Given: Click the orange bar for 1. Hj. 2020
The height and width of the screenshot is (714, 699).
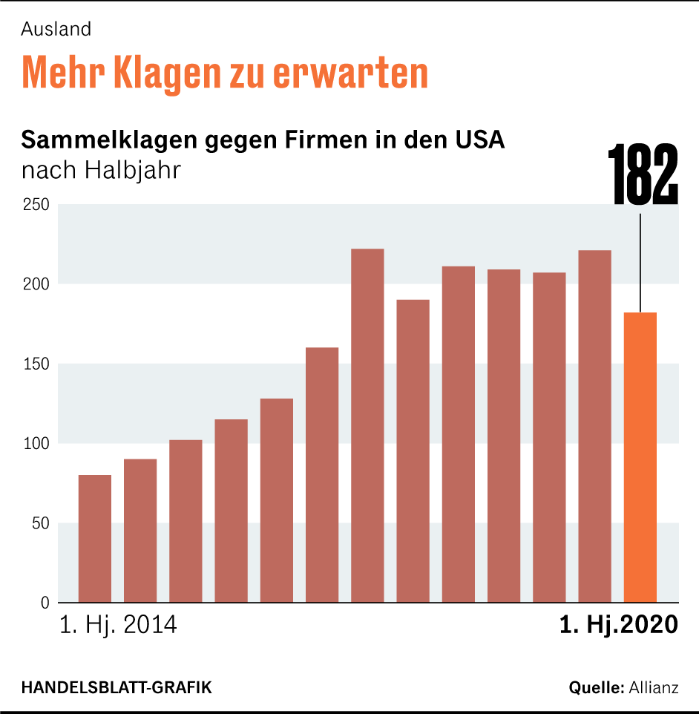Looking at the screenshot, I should tap(640, 456).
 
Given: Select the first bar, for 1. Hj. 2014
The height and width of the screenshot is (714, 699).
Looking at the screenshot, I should tap(95, 538).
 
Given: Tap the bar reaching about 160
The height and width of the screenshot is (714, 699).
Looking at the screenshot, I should tap(322, 475).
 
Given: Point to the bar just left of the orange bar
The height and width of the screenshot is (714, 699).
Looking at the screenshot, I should tap(594, 426).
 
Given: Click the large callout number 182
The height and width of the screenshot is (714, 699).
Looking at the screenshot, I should tap(643, 176).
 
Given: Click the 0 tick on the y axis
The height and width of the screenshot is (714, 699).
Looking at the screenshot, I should tap(45, 603).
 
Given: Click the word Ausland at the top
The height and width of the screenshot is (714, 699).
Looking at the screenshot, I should tap(56, 29).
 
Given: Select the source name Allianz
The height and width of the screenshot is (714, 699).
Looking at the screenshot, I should tap(653, 687).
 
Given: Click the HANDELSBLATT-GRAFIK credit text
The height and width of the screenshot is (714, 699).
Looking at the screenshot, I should tap(116, 687).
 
